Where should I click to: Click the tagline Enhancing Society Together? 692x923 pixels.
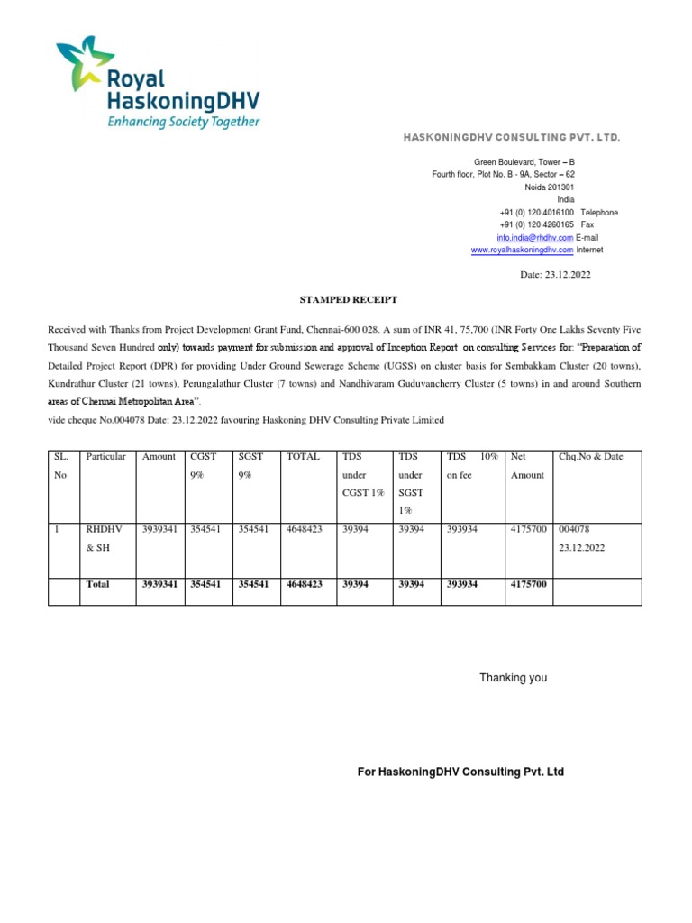click(x=184, y=122)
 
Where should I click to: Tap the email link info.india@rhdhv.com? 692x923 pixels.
click(x=535, y=237)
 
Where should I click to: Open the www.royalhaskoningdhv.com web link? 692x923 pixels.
click(x=522, y=250)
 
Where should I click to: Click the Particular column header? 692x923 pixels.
click(x=105, y=457)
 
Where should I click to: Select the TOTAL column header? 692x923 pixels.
click(x=303, y=457)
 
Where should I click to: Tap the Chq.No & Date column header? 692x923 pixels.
click(x=590, y=457)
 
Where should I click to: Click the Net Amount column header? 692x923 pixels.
click(x=527, y=466)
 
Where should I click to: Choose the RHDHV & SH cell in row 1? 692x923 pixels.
click(x=97, y=539)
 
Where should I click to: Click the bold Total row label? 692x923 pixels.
click(x=97, y=584)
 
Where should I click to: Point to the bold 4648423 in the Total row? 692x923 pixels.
click(x=304, y=584)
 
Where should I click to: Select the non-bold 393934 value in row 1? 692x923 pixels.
click(x=466, y=530)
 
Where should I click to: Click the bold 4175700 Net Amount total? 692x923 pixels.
click(x=528, y=584)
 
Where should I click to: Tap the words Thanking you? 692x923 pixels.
click(x=513, y=678)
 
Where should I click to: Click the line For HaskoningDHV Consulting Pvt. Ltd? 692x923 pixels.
click(x=460, y=772)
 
